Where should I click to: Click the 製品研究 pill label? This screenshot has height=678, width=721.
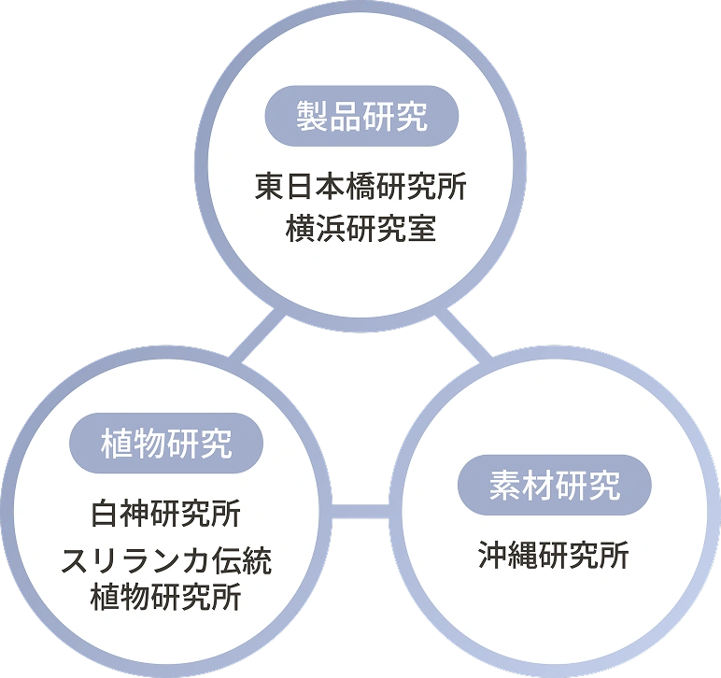(x=361, y=117)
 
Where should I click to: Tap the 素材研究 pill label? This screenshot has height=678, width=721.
(x=554, y=486)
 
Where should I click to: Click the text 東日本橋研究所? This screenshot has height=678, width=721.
(x=360, y=188)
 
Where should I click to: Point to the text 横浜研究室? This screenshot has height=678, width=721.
(x=360, y=228)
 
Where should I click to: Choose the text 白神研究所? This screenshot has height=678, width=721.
(x=165, y=513)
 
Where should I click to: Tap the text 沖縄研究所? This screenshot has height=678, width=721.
(x=554, y=556)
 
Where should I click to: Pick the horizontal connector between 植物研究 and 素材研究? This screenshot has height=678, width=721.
(x=360, y=510)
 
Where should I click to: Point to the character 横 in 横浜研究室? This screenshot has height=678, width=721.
(x=302, y=228)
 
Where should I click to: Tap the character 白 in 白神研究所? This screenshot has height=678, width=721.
(x=106, y=513)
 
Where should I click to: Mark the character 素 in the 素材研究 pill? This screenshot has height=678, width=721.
(x=505, y=486)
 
